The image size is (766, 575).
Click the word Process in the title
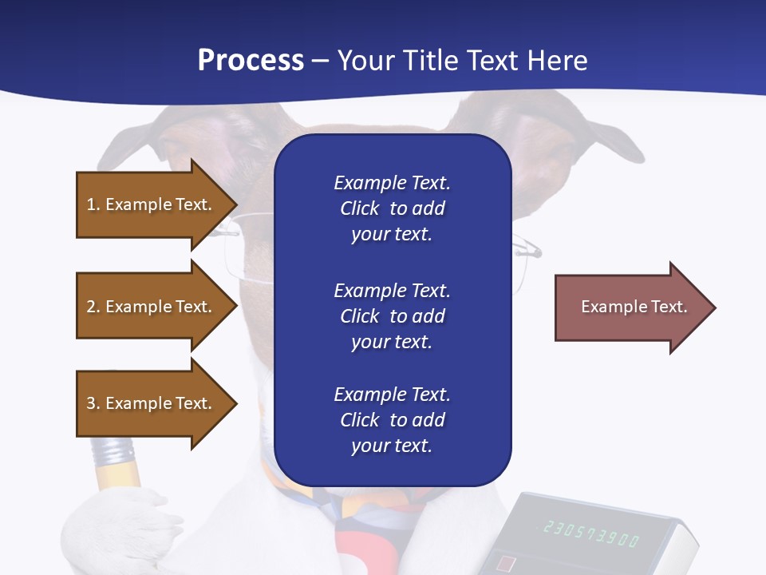(x=251, y=61)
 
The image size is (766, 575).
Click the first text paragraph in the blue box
(x=392, y=208)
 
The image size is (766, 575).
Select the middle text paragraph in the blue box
(x=392, y=316)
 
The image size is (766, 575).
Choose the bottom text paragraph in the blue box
(x=392, y=420)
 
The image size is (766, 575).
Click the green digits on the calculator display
(x=591, y=533)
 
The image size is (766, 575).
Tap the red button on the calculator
(x=506, y=564)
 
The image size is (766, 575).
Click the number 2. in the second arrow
(x=93, y=307)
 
